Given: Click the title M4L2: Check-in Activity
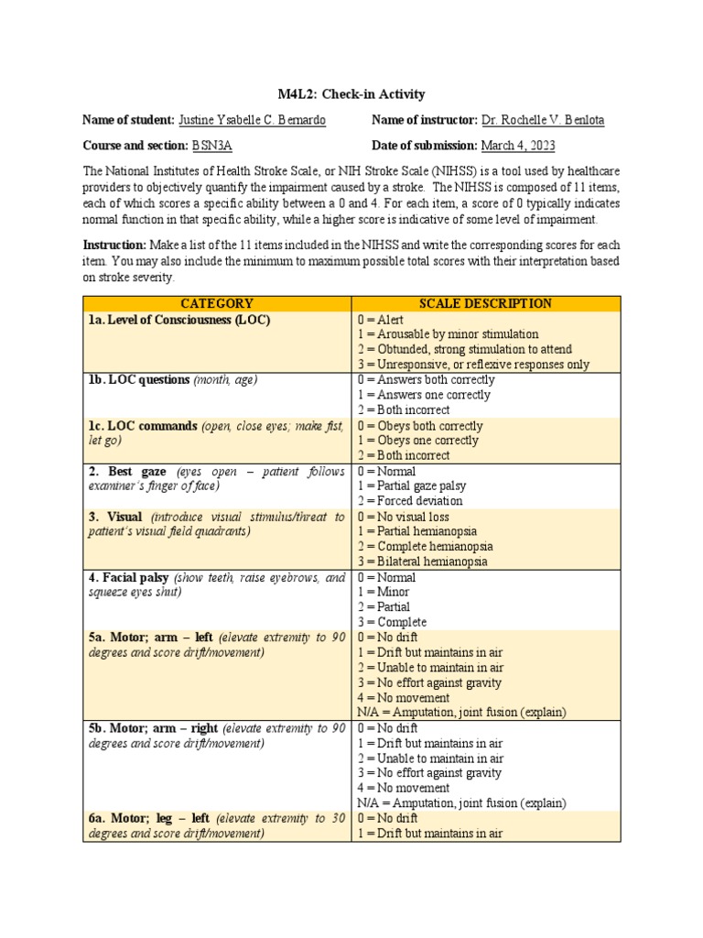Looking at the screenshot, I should pyautogui.click(x=351, y=94).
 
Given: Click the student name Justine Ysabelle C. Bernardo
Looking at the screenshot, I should pyautogui.click(x=252, y=120).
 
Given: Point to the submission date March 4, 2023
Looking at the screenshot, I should pyautogui.click(x=518, y=146).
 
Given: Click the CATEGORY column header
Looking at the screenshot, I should pyautogui.click(x=217, y=303).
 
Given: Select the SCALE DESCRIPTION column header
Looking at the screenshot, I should pyautogui.click(x=485, y=303).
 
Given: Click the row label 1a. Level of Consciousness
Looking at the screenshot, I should pyautogui.click(x=179, y=320).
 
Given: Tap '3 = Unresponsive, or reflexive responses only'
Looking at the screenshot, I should pyautogui.click(x=473, y=364).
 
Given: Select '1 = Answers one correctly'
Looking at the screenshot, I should pyautogui.click(x=424, y=395).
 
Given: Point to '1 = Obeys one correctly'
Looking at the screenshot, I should pyautogui.click(x=417, y=441).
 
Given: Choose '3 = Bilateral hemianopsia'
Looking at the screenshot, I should pyautogui.click(x=422, y=562).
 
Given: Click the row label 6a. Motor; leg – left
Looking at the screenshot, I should pyautogui.click(x=149, y=818).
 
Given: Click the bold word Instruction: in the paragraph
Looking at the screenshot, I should pyautogui.click(x=114, y=245).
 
